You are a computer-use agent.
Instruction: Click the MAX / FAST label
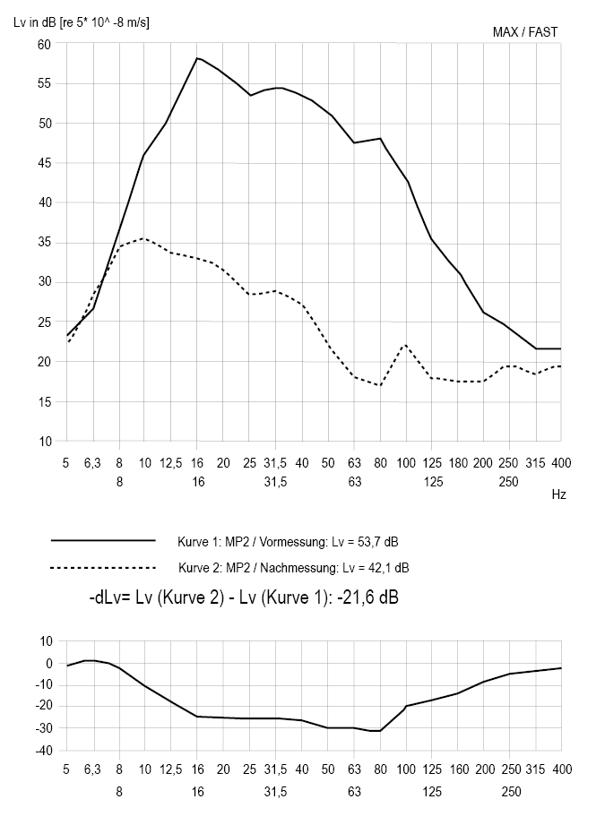click(525, 32)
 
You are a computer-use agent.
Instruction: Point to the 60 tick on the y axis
click(44, 44)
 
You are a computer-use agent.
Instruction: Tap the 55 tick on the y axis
click(44, 83)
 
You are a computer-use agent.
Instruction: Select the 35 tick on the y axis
click(44, 243)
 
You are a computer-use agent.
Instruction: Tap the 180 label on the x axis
click(458, 462)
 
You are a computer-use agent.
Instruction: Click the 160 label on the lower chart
click(458, 769)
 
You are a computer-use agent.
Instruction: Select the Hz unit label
click(558, 494)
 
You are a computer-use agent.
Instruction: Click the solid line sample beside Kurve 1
click(104, 541)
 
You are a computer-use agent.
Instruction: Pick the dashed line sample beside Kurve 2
click(104, 568)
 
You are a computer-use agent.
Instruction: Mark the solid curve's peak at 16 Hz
click(196, 58)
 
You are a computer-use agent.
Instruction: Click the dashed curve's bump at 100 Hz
click(406, 345)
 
